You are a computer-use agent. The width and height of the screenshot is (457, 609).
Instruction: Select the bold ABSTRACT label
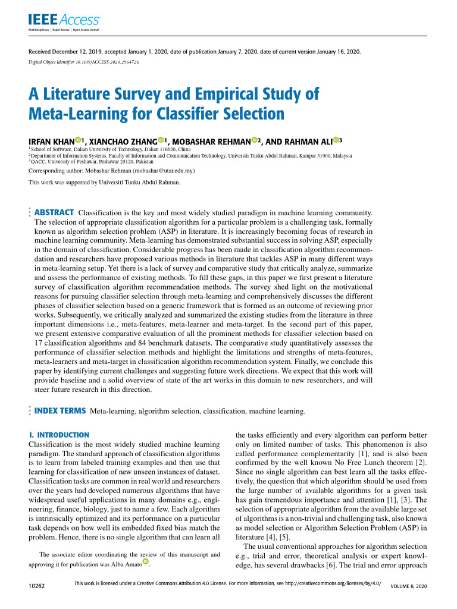[55, 212]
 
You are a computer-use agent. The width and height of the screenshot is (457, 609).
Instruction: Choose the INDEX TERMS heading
[61, 410]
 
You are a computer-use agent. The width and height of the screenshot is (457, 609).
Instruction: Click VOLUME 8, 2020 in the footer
[409, 587]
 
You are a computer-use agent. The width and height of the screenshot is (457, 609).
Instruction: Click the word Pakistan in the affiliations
[143, 161]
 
